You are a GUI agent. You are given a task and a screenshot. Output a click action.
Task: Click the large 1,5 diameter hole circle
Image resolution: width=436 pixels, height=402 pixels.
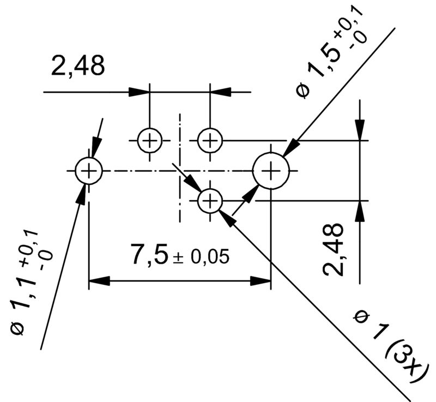point(271,171)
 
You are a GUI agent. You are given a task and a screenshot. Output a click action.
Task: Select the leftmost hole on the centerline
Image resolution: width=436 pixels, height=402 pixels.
point(88,171)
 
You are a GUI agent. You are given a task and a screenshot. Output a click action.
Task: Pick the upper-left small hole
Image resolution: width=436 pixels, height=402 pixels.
point(149,141)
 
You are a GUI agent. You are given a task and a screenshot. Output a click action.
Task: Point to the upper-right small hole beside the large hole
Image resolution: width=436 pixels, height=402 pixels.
point(210,141)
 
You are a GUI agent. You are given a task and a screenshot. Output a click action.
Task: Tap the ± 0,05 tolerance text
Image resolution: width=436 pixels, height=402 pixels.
point(201,257)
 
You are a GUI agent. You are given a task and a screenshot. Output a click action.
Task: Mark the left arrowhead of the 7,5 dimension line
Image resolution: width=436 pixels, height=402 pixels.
point(99,281)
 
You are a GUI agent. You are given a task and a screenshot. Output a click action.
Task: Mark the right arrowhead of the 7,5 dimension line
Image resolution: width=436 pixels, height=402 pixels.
point(261,281)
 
